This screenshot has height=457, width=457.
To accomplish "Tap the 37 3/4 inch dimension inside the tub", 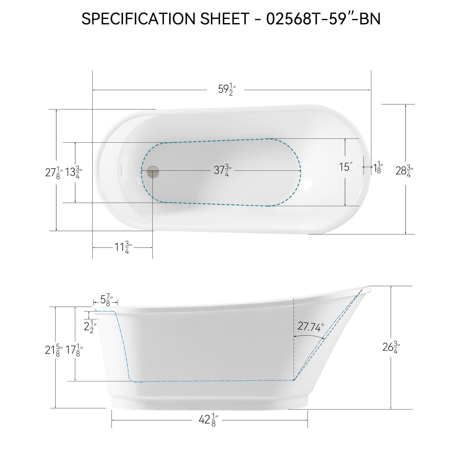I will tap(222, 171).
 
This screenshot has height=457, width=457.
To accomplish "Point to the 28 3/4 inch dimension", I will tap(404, 171).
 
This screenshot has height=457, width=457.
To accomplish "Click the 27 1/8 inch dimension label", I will tap(53, 173).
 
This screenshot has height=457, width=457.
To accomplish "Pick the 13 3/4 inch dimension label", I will tap(74, 173).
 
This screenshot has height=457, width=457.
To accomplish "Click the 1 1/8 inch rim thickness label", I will tap(378, 168).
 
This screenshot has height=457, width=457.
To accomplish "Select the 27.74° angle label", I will tap(311, 327).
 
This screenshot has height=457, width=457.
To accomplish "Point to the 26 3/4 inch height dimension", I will tap(391, 348).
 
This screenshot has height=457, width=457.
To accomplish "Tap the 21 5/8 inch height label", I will tap(53, 350).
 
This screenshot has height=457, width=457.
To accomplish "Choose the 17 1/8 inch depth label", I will tap(74, 350).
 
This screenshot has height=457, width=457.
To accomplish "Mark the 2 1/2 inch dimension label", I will tap(90, 326).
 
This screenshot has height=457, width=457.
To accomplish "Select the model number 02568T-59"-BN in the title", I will tap(323, 19).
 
